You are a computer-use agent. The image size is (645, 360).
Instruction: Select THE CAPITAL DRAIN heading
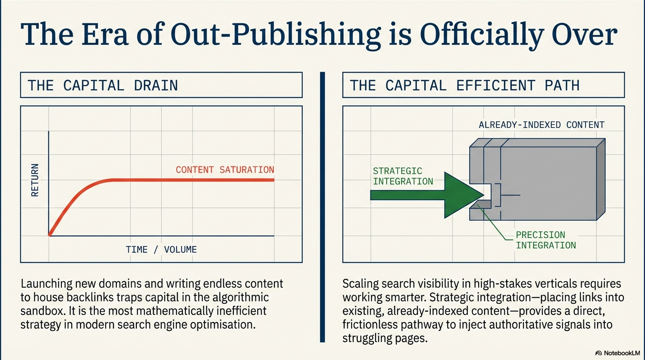pyautogui.click(x=103, y=85)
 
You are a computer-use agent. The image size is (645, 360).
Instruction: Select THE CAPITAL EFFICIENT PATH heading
pyautogui.click(x=465, y=85)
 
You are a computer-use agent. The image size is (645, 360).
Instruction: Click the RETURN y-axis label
pyautogui.click(x=35, y=180)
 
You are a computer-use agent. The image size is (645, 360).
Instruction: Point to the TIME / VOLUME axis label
pyautogui.click(x=161, y=249)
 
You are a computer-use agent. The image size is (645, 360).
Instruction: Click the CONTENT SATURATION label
pyautogui.click(x=225, y=170)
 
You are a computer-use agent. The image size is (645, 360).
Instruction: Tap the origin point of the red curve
pyautogui.click(x=49, y=235)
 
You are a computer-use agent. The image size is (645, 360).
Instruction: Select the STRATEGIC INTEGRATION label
pyautogui.click(x=402, y=176)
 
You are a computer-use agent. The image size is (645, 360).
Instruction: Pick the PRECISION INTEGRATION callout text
pyautogui.click(x=545, y=240)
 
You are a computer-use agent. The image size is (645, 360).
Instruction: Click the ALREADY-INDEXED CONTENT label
pyautogui.click(x=541, y=125)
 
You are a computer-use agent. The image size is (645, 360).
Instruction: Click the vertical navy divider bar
pyautogui.click(x=322, y=206)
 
